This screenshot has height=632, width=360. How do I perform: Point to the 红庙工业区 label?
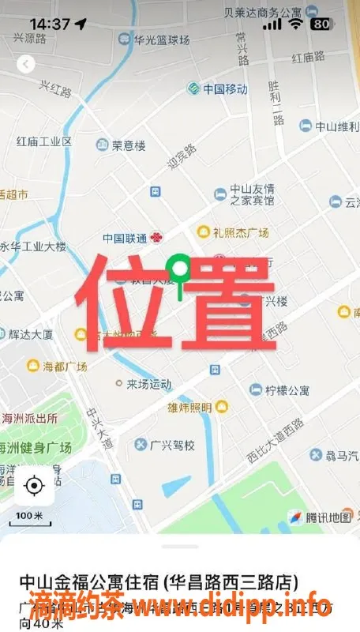click(43, 141)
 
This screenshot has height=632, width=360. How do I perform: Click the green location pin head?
click(181, 269)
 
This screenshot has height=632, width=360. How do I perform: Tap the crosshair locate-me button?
click(34, 485)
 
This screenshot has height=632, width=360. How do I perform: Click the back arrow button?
click(27, 63)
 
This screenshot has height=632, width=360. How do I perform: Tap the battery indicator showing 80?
click(321, 24)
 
